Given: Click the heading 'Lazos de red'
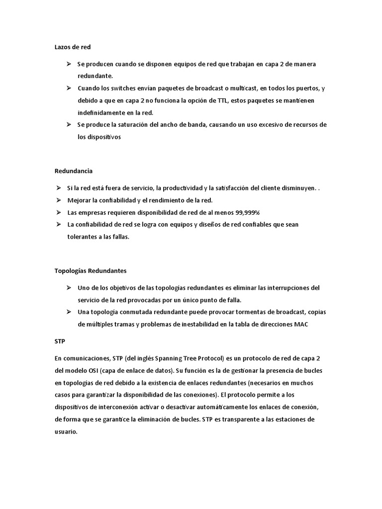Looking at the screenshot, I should point(73,47).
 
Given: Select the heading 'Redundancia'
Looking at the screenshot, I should point(73,170).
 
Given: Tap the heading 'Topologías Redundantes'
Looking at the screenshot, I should point(90,271).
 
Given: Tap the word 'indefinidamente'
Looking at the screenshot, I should point(102,112).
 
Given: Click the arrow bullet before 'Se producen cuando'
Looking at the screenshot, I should point(68,64).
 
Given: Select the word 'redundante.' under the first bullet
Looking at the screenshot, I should point(95,76).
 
